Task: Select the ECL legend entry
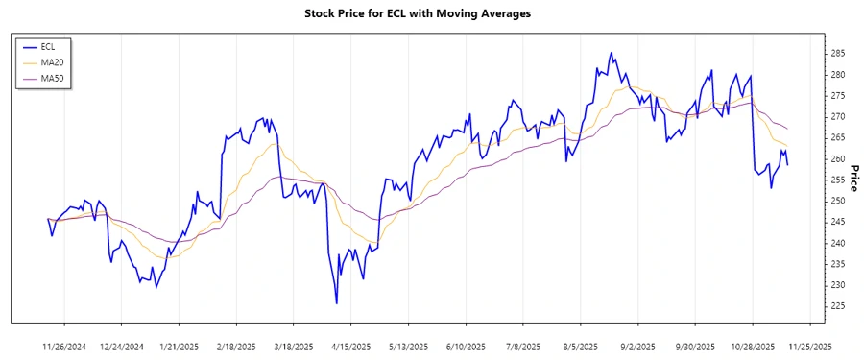[48, 46]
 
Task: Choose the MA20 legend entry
[52, 61]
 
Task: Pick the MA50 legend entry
[52, 78]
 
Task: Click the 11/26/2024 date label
[65, 346]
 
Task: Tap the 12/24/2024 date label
[122, 346]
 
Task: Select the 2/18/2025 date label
[236, 346]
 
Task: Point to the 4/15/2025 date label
[351, 346]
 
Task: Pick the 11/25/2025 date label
[809, 346]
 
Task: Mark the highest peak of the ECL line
[612, 53]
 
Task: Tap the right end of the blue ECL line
[788, 165]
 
